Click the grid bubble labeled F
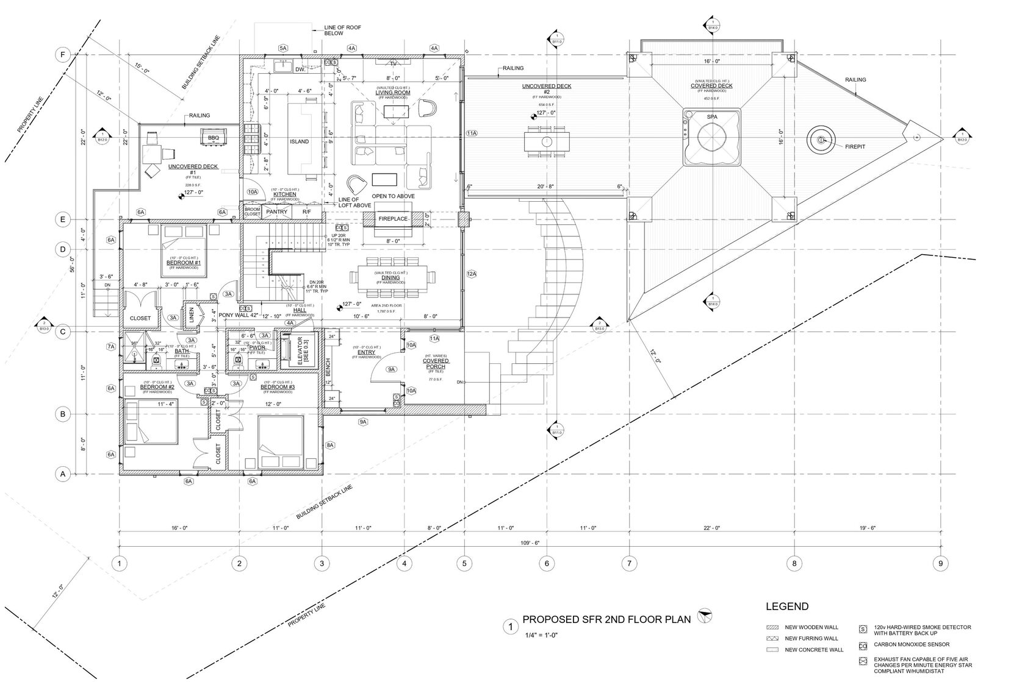[x=62, y=55]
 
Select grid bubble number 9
[x=940, y=564]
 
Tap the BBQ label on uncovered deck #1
[x=213, y=138]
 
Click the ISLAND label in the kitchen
[x=300, y=141]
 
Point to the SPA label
[x=711, y=116]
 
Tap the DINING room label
[x=390, y=277]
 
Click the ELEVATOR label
[x=300, y=352]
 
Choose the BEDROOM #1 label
[x=184, y=263]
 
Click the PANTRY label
[x=277, y=211]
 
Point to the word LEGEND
[x=787, y=606]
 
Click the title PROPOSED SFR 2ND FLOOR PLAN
[x=606, y=619]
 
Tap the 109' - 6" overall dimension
[x=530, y=543]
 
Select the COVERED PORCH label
[x=436, y=364]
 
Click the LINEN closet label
[x=192, y=314]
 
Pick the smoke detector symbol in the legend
[x=863, y=628]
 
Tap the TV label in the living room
[x=393, y=63]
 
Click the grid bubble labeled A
[x=62, y=474]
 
